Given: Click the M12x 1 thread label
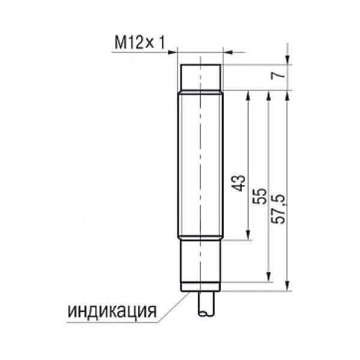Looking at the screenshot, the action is pyautogui.click(x=140, y=43).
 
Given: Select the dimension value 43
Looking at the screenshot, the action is pyautogui.click(x=238, y=183).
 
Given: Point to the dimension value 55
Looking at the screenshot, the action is pyautogui.click(x=259, y=196).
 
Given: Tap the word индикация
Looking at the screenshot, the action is pyautogui.click(x=112, y=311).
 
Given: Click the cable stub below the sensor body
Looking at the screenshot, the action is pyautogui.click(x=206, y=304).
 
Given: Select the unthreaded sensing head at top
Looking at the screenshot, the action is pyautogui.click(x=200, y=78).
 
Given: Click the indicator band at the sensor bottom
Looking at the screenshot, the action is pyautogui.click(x=200, y=287).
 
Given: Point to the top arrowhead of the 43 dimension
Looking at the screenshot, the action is pyautogui.click(x=248, y=95).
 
